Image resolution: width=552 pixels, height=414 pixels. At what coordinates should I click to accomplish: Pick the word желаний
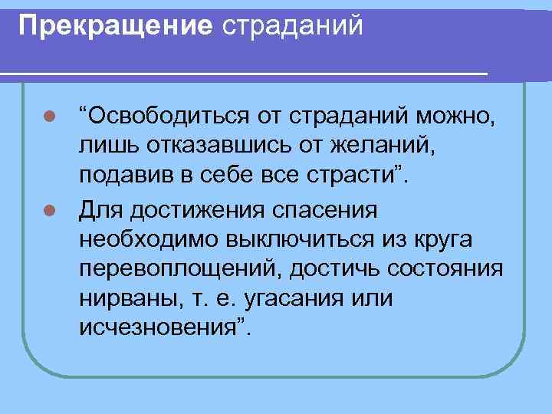click(x=376, y=147)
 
